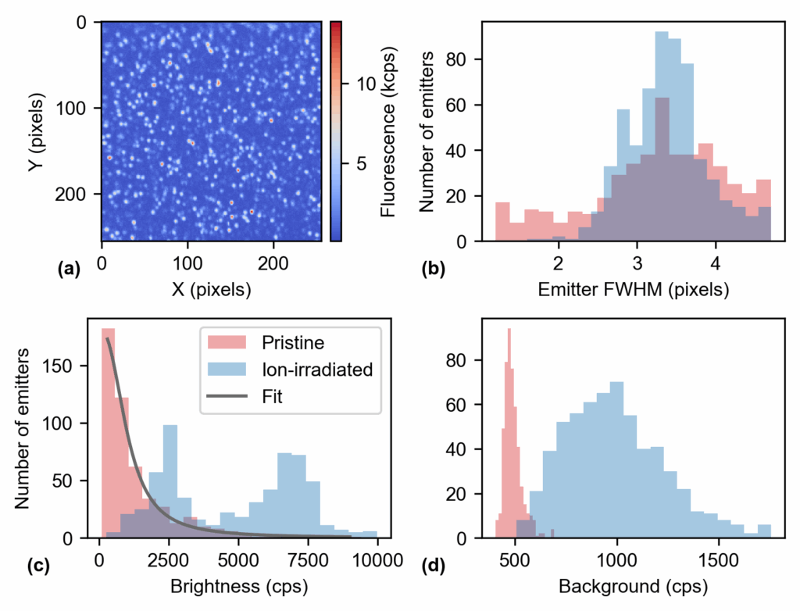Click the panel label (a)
tap(69, 270)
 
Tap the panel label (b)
tap(433, 270)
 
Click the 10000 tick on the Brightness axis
tap(377, 559)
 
